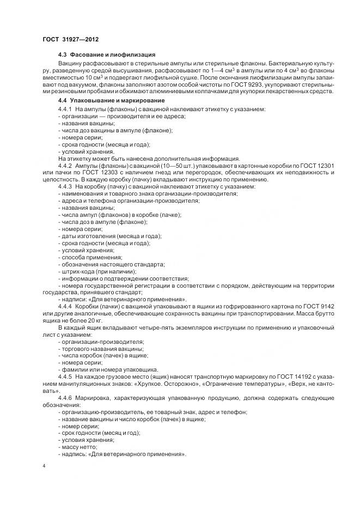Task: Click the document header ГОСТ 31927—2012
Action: pyautogui.click(x=71, y=39)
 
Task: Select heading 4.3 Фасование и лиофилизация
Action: pyautogui.click(x=107, y=56)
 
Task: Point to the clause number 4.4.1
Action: pyautogui.click(x=65, y=110)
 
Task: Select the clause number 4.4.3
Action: pyautogui.click(x=65, y=186)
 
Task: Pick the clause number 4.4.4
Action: pyautogui.click(x=65, y=306)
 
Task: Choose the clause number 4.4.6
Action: pyautogui.click(x=65, y=397)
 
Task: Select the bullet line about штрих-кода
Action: pyautogui.click(x=97, y=271)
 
